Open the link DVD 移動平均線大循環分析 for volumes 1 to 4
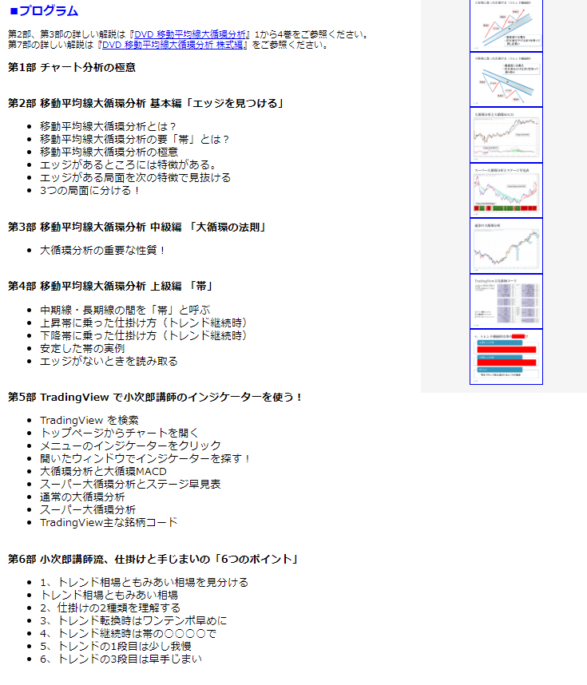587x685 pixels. [192, 34]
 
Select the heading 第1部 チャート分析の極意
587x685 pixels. [72, 67]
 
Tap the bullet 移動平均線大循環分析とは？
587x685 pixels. [108, 126]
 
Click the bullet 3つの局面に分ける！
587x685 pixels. [90, 190]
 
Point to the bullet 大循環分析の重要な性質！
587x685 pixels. [103, 250]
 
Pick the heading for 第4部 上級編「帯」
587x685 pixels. [109, 285]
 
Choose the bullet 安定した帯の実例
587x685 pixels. [82, 348]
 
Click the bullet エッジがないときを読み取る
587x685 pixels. [109, 361]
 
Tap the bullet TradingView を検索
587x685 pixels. [89, 420]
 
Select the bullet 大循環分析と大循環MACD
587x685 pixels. [103, 471]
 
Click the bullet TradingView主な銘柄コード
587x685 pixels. [109, 522]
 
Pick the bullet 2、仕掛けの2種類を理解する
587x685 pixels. [110, 608]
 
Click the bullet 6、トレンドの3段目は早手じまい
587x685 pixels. [121, 659]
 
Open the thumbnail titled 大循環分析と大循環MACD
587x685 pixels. [506, 135]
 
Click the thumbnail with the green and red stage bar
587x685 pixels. [506, 191]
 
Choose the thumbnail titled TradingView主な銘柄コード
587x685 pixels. [506, 301]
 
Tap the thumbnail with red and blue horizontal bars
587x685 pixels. [506, 356]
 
